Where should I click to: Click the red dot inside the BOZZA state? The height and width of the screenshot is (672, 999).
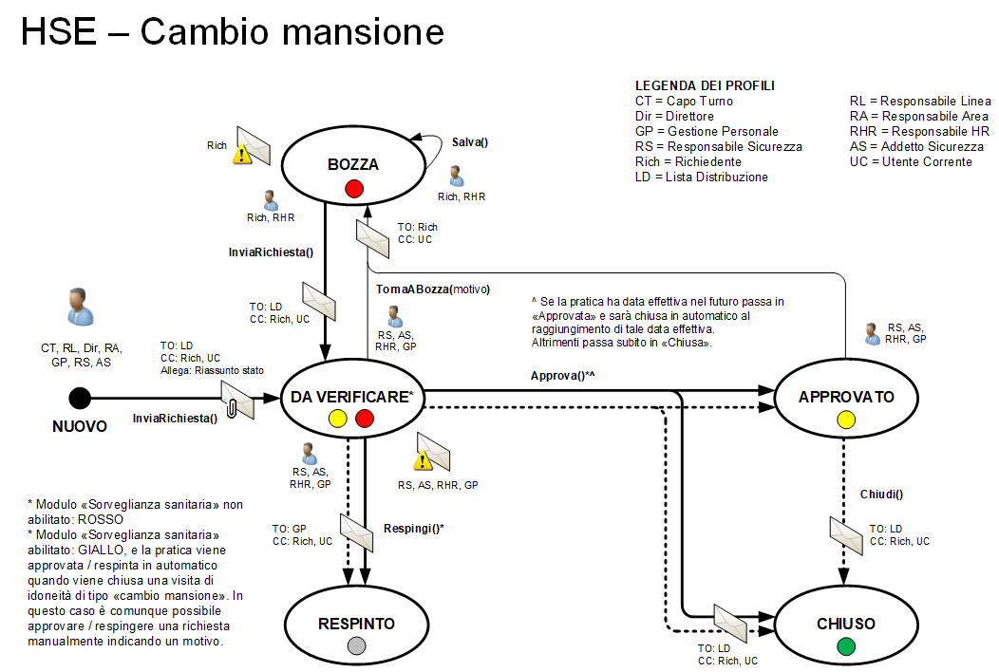354,189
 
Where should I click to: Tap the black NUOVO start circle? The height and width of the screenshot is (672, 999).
80,399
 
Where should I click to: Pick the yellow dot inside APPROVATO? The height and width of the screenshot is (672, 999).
846,420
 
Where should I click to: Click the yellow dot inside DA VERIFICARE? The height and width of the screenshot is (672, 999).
337,419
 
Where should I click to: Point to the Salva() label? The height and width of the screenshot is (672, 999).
469,142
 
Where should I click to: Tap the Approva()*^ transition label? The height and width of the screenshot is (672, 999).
562,376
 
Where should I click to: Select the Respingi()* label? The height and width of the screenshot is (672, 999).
414,528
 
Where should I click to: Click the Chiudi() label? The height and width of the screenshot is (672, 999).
881,495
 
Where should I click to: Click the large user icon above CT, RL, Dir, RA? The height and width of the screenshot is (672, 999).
80,307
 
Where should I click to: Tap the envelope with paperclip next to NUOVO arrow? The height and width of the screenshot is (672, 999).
237,401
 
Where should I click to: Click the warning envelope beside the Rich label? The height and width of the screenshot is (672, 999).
253,146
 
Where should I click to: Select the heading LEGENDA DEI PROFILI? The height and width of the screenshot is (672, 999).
705,85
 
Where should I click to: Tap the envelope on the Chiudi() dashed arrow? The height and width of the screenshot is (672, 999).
845,534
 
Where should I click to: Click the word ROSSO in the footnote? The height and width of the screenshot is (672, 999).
112,519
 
